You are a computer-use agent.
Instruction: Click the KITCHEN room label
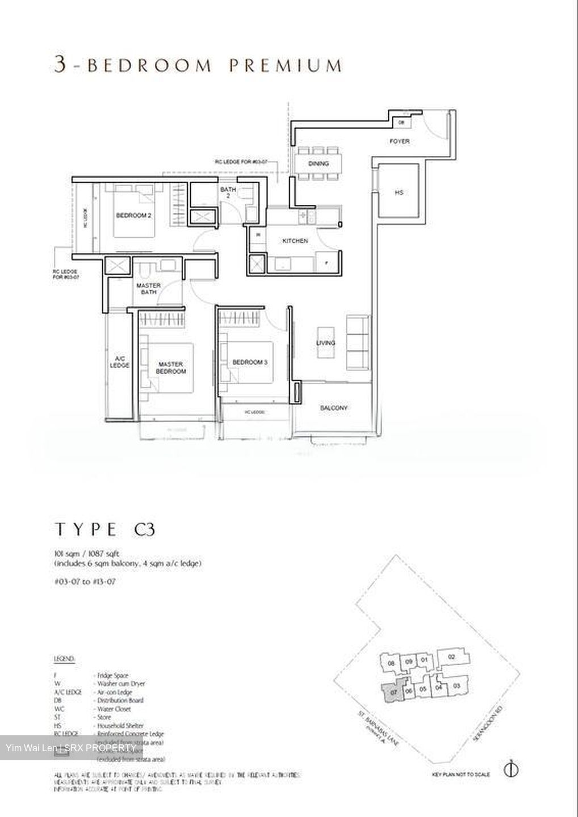[295, 241]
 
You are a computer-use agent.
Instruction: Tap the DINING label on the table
[319, 164]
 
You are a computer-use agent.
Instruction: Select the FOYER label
[399, 141]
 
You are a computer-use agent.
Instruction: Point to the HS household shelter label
[399, 193]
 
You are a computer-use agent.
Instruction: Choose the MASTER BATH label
[148, 289]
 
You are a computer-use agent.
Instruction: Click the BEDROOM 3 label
[250, 362]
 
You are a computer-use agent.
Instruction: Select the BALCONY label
[333, 408]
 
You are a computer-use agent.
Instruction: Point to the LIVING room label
[326, 343]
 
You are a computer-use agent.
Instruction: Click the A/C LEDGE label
[120, 362]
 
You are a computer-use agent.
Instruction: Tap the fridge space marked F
[326, 263]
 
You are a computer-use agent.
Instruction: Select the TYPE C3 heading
[104, 530]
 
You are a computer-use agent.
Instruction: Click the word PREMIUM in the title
[286, 66]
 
